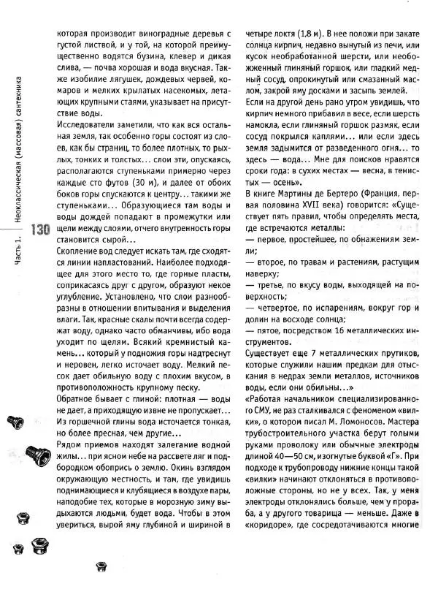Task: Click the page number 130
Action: point(40,229)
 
